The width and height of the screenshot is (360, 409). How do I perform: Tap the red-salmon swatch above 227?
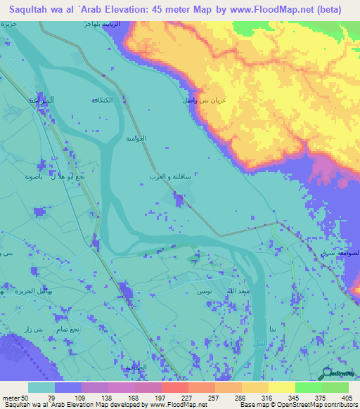174,388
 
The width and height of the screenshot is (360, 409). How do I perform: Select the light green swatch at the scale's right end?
335,388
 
